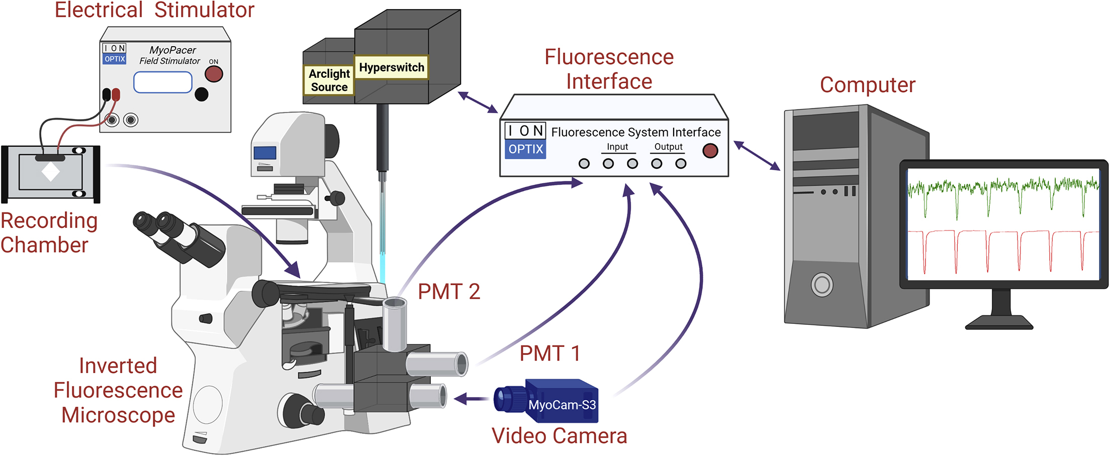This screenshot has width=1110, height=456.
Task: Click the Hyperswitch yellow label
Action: pyautogui.click(x=391, y=67)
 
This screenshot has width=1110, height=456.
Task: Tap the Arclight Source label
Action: pyautogui.click(x=329, y=80)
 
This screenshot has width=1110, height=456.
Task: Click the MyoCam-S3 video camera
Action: pyautogui.click(x=553, y=401)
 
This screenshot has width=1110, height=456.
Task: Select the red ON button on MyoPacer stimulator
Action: pyautogui.click(x=214, y=74)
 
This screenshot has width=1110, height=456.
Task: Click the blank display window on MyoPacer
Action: pyautogui.click(x=162, y=82)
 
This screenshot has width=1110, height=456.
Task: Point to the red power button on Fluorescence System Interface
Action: pyautogui.click(x=710, y=151)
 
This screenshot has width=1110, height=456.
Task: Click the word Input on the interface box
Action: pyautogui.click(x=617, y=147)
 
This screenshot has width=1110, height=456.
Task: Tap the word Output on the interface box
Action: pyautogui.click(x=668, y=147)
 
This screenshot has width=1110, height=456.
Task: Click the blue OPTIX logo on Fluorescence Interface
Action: pyautogui.click(x=525, y=149)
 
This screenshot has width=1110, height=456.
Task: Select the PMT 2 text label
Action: pyautogui.click(x=449, y=292)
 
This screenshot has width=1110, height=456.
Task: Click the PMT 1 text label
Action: pyautogui.click(x=550, y=354)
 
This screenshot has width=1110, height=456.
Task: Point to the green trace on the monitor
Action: pyautogui.click(x=1000, y=191)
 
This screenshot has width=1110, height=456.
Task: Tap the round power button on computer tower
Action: pyautogui.click(x=822, y=285)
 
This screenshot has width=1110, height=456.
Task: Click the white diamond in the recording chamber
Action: pyautogui.click(x=51, y=172)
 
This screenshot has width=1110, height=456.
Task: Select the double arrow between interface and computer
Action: pyautogui.click(x=757, y=156)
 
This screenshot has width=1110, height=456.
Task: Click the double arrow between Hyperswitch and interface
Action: pyautogui.click(x=478, y=102)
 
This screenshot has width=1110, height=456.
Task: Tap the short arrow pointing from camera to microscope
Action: pyautogui.click(x=471, y=399)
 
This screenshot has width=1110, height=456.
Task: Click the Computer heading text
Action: pyautogui.click(x=867, y=85)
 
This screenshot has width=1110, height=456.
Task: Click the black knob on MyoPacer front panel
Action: pyautogui.click(x=202, y=94)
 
